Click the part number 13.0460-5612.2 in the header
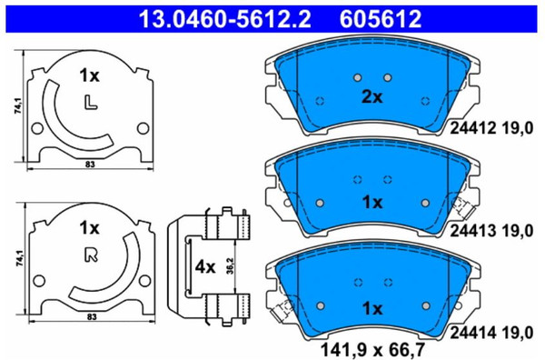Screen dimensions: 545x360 pyautogui.click(x=225, y=19)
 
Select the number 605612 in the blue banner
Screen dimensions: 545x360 pyautogui.click(x=381, y=19)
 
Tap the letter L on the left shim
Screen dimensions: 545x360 pyautogui.click(x=90, y=102)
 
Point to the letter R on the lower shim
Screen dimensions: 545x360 pyautogui.click(x=91, y=255)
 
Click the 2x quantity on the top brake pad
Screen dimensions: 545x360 pyautogui.click(x=372, y=97)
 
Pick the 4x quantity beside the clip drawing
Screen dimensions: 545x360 pyautogui.click(x=205, y=267)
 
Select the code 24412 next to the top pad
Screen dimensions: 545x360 pyautogui.click(x=473, y=128)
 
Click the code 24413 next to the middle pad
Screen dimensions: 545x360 pyautogui.click(x=473, y=230)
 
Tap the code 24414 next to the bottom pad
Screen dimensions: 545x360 pyautogui.click(x=473, y=333)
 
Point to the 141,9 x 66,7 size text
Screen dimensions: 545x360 pyautogui.click(x=372, y=350)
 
